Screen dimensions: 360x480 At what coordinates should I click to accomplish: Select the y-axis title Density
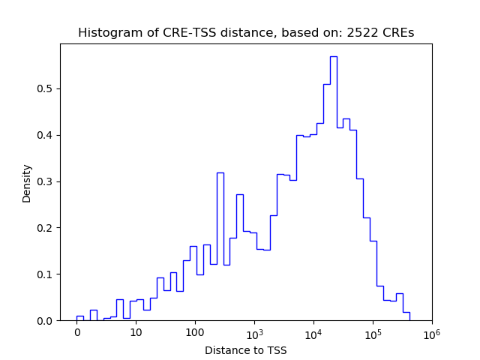(x=27, y=183)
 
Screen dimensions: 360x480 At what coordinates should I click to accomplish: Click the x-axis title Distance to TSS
(x=246, y=350)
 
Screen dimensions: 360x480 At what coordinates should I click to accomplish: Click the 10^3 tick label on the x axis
(x=254, y=332)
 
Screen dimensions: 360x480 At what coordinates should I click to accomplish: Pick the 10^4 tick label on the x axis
(x=313, y=332)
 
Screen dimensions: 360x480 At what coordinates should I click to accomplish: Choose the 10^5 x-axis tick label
(x=372, y=332)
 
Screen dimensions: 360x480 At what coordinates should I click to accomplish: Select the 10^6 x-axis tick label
(x=431, y=332)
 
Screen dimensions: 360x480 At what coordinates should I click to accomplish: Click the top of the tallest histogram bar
(x=333, y=56)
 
